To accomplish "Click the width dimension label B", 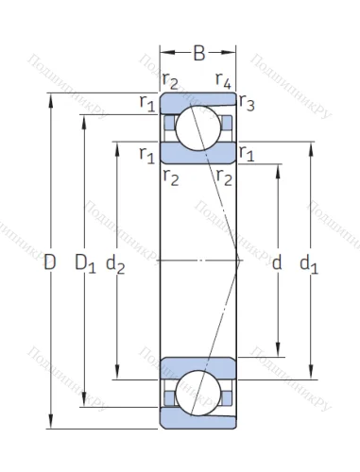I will pos(198,54).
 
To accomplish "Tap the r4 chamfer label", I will pos(224,80).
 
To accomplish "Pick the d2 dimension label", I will pos(118,265).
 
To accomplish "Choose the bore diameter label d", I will pos(277,265).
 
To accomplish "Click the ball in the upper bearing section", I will pos(198,125).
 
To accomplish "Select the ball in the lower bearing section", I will pos(198,392).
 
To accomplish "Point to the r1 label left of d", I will pos(248,153).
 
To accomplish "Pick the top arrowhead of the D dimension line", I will pos(50,96).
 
